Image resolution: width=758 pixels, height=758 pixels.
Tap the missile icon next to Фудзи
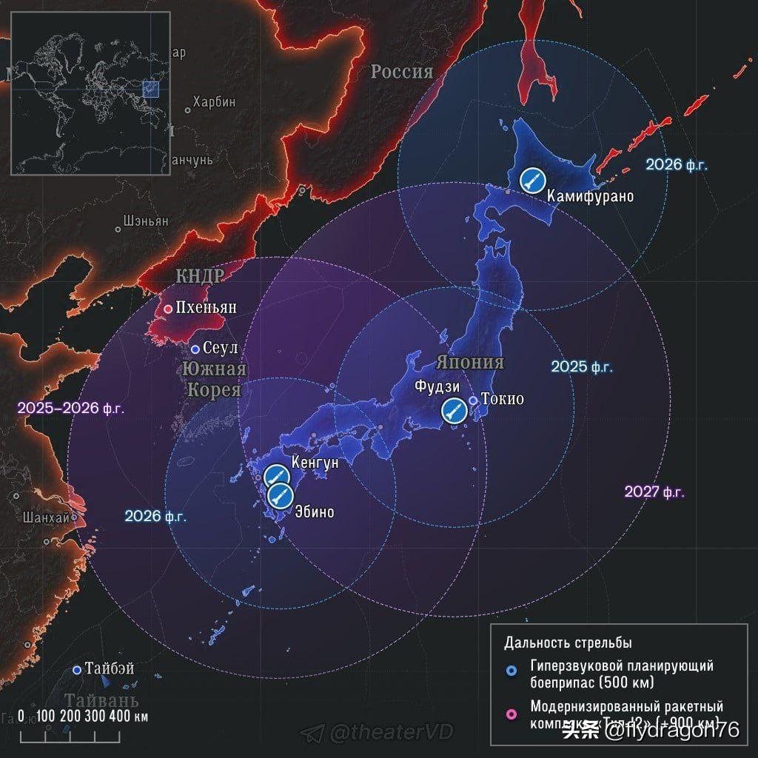click(454, 409)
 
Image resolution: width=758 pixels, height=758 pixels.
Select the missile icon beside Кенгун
click(275, 475)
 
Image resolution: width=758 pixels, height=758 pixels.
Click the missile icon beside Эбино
click(280, 494)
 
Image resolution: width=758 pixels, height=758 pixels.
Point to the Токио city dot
click(473, 400)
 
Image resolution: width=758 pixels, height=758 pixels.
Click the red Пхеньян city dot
click(168, 309)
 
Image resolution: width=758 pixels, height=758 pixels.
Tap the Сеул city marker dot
click(195, 349)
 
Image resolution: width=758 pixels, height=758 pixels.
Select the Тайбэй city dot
click(77, 670)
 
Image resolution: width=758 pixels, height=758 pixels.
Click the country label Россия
click(401, 72)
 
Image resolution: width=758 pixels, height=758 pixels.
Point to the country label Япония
click(469, 363)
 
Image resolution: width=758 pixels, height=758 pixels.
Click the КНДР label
click(199, 276)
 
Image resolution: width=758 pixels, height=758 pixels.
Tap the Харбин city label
click(214, 102)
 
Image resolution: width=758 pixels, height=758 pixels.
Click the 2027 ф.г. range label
click(654, 492)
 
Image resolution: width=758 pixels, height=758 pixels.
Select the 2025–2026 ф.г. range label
click(71, 408)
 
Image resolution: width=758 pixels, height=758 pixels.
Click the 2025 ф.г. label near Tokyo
click(582, 367)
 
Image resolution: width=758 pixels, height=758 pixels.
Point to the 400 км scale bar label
click(132, 716)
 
